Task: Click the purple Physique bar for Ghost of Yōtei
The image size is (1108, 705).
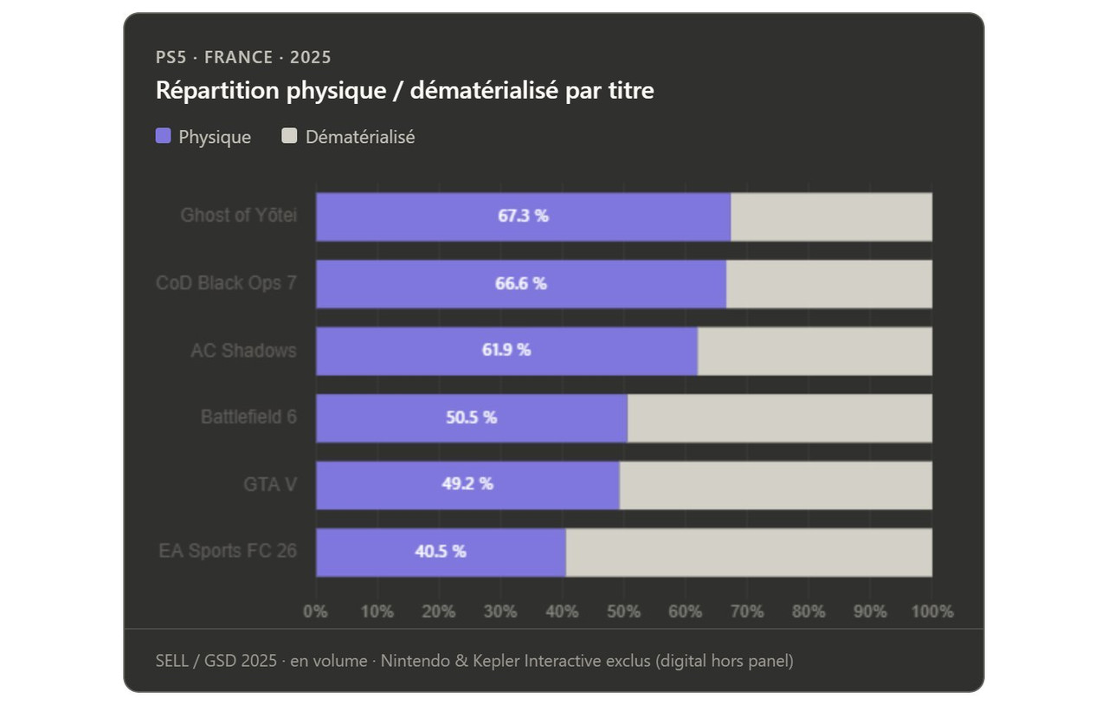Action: tap(524, 217)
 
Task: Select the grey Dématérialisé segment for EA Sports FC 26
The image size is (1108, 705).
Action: tap(749, 553)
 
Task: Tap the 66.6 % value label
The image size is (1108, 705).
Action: tap(521, 284)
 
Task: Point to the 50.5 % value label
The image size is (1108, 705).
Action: tap(472, 417)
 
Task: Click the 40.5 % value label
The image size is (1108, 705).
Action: tap(441, 552)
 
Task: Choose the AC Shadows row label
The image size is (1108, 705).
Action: tap(243, 351)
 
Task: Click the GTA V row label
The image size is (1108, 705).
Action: tap(270, 484)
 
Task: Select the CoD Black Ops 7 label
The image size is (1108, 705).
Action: tap(226, 283)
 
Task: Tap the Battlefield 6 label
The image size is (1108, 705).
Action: tap(248, 417)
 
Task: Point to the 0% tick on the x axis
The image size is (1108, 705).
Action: tap(315, 611)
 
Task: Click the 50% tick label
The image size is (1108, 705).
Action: tap(624, 611)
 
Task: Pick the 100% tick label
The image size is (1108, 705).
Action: tap(932, 611)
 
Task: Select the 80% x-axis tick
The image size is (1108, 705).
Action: tap(808, 611)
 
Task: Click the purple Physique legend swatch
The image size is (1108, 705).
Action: tap(164, 136)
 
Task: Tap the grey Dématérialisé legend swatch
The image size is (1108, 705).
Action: tap(289, 136)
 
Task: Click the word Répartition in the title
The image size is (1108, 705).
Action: tap(217, 91)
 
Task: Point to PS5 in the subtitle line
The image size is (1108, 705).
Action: tap(171, 57)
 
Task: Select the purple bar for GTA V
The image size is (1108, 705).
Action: tap(467, 485)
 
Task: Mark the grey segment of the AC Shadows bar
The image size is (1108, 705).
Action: tap(815, 351)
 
